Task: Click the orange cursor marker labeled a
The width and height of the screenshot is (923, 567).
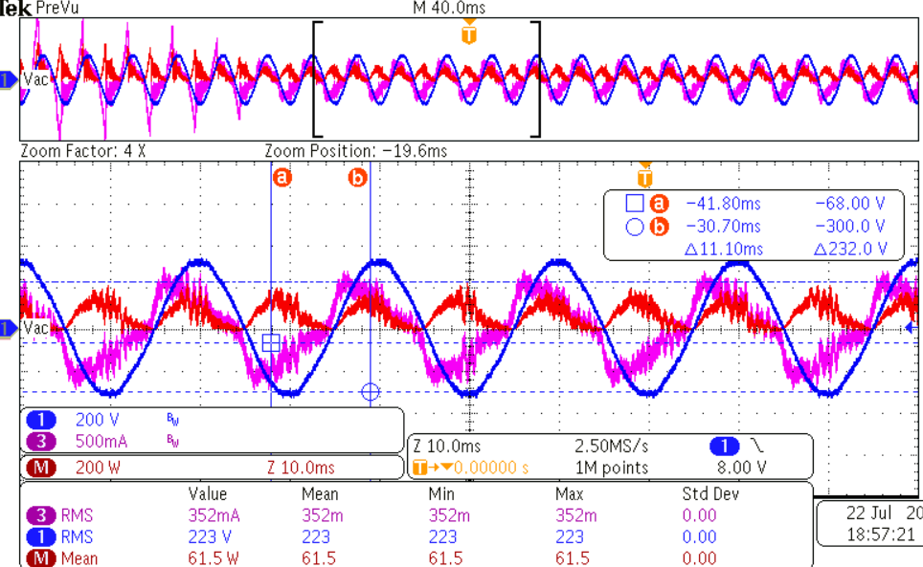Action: (282, 177)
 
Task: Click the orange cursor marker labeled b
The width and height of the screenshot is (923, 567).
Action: (358, 177)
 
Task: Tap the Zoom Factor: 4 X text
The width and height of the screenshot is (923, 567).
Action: (81, 151)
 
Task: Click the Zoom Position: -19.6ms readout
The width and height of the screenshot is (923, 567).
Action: (355, 151)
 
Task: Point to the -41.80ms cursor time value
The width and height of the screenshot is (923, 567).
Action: (723, 203)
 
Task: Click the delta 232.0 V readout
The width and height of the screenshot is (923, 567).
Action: (848, 250)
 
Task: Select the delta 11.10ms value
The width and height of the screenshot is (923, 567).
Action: (724, 250)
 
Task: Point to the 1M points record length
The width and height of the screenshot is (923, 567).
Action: (611, 468)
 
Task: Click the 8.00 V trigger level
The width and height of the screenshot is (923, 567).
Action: (742, 468)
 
